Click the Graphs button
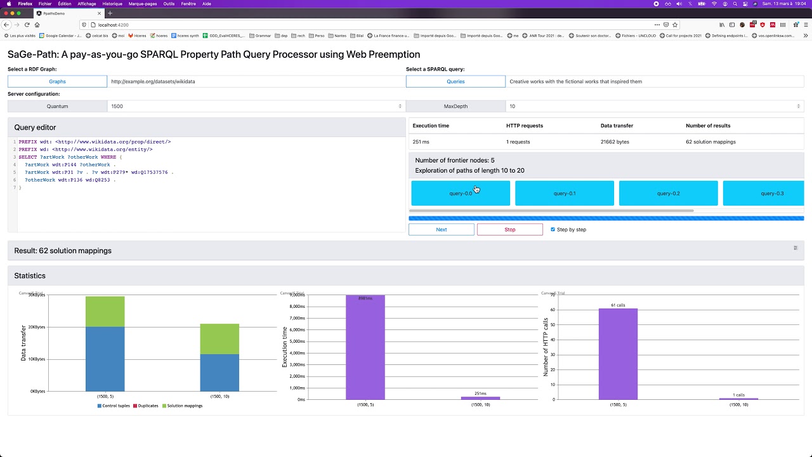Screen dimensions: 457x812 click(57, 81)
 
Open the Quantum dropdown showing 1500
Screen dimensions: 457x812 click(256, 106)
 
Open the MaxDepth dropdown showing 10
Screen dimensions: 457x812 click(654, 106)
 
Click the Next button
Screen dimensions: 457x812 click(441, 229)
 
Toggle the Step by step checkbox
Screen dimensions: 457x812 click(553, 229)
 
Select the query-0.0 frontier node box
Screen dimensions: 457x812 click(461, 193)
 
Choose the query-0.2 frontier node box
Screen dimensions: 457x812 click(668, 193)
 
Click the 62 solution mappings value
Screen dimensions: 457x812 click(710, 142)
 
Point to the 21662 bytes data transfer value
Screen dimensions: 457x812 click(615, 142)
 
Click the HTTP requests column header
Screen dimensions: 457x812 click(525, 126)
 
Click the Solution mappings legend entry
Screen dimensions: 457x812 click(185, 406)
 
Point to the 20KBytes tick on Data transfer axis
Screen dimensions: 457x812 click(37, 327)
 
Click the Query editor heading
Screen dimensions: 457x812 click(35, 128)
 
